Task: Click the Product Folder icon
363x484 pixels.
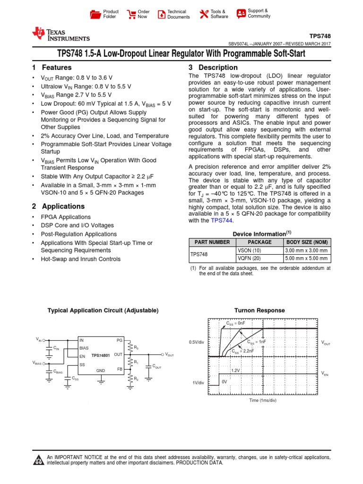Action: [95, 14]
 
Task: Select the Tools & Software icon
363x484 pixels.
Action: [204, 14]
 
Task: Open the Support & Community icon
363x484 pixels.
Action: [241, 13]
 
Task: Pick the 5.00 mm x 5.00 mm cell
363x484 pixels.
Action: [307, 259]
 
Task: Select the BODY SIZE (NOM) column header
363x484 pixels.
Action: [307, 242]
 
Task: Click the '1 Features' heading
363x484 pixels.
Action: [52, 68]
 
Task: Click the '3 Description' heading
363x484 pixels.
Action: [213, 68]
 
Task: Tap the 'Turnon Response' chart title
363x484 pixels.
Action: [259, 311]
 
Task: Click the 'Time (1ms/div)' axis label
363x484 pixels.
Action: [263, 400]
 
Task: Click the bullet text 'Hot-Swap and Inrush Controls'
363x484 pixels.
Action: [80, 259]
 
